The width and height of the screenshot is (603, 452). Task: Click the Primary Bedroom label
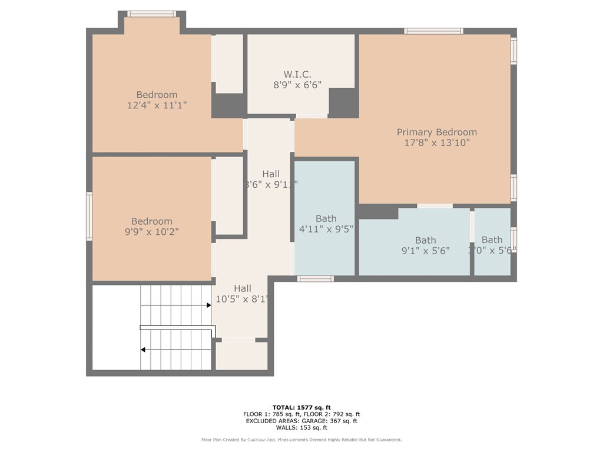point(436,132)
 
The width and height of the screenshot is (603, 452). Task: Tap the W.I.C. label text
point(297,74)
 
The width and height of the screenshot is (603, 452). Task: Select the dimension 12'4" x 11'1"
point(157,105)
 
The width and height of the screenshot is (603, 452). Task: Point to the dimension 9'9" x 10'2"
point(152,232)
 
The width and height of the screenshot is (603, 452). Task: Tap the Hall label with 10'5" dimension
point(242,288)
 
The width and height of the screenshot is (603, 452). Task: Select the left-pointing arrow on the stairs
point(143,350)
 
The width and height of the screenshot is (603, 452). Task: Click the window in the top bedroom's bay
point(151,14)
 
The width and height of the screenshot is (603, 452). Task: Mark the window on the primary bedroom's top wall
point(433,31)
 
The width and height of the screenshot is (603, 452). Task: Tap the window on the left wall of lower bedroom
point(90,216)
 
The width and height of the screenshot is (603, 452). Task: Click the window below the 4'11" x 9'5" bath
point(315,279)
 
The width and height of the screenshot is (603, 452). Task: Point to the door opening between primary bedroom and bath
point(435,206)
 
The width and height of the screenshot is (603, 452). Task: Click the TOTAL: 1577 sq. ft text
point(301,407)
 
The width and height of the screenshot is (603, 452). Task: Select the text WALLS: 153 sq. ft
point(301,427)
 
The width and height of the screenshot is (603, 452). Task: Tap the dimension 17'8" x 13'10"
point(436,142)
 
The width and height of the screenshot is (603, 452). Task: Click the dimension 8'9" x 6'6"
point(297,84)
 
